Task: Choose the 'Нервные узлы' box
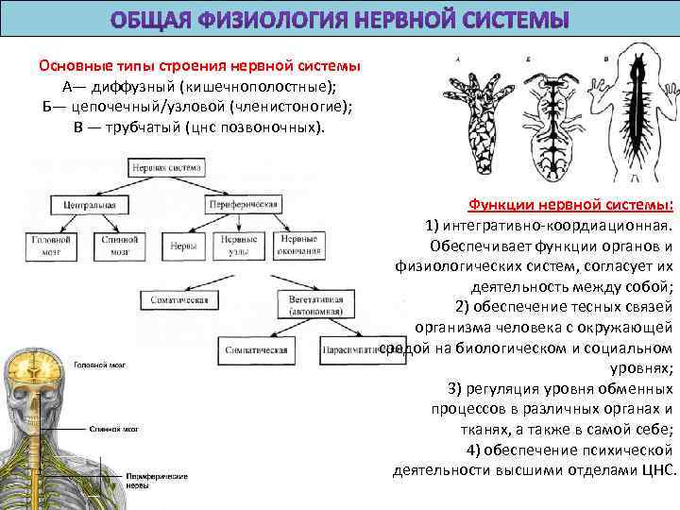241,245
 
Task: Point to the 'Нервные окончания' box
298,245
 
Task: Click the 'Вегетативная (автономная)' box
301,301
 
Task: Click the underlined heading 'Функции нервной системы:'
570,206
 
